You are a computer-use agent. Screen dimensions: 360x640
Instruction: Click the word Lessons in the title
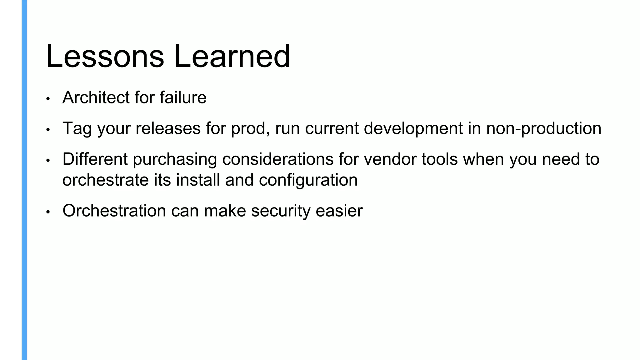point(105,57)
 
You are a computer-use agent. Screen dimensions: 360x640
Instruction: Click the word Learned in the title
point(232,57)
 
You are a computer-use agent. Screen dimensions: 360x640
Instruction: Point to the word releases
point(168,128)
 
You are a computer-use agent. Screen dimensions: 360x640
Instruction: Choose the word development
point(413,128)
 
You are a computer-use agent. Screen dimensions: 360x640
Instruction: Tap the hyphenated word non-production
point(543,128)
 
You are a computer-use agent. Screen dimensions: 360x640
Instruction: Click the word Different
point(95,159)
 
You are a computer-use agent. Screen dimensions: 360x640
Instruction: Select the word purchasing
point(175,159)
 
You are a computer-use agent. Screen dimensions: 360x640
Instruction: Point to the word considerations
point(278,159)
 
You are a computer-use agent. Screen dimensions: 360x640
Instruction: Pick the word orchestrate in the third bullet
point(105,180)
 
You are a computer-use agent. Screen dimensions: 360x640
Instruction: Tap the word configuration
point(308,180)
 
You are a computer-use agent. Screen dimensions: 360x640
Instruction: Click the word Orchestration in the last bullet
point(114,211)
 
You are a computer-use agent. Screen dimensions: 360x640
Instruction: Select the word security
point(281,211)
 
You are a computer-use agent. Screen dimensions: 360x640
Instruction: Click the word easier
point(339,211)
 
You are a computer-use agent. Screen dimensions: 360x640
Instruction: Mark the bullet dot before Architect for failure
point(48,99)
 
